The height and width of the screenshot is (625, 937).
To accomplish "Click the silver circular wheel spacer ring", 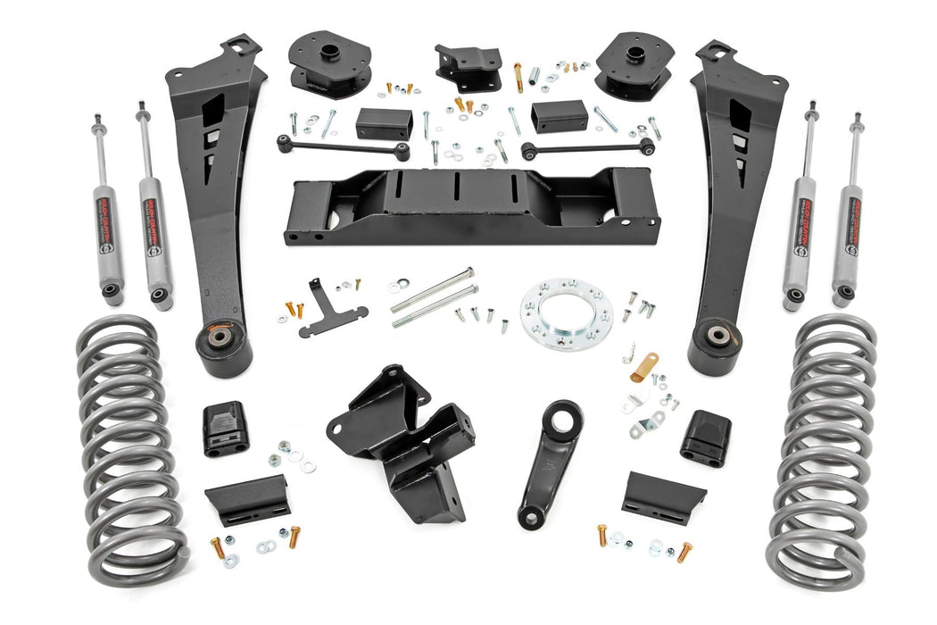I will [x=560, y=315].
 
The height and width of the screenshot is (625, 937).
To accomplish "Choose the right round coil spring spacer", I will [x=634, y=62].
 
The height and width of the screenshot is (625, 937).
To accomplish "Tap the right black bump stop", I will [x=705, y=438].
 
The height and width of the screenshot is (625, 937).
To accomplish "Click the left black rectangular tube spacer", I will [x=384, y=123].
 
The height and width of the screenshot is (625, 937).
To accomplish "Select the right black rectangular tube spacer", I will [x=559, y=116].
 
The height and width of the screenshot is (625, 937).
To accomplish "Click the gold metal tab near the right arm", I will [x=644, y=366].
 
